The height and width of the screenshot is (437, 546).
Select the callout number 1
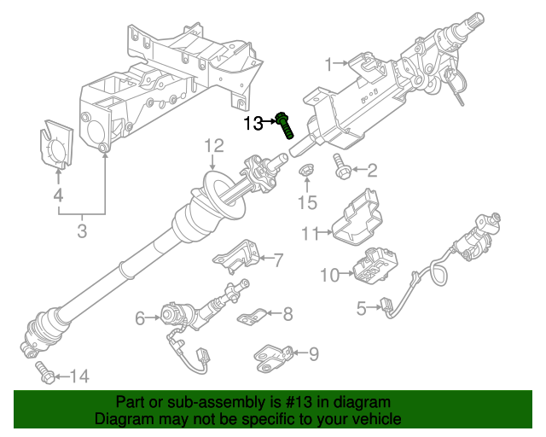(x=329, y=63)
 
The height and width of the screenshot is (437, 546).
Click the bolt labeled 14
(x=44, y=370)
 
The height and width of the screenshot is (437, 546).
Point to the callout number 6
(x=140, y=318)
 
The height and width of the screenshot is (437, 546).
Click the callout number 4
(x=58, y=196)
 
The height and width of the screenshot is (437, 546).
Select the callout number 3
(x=82, y=230)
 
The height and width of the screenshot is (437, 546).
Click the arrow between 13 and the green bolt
(x=270, y=124)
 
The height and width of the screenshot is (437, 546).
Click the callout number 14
(x=78, y=375)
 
